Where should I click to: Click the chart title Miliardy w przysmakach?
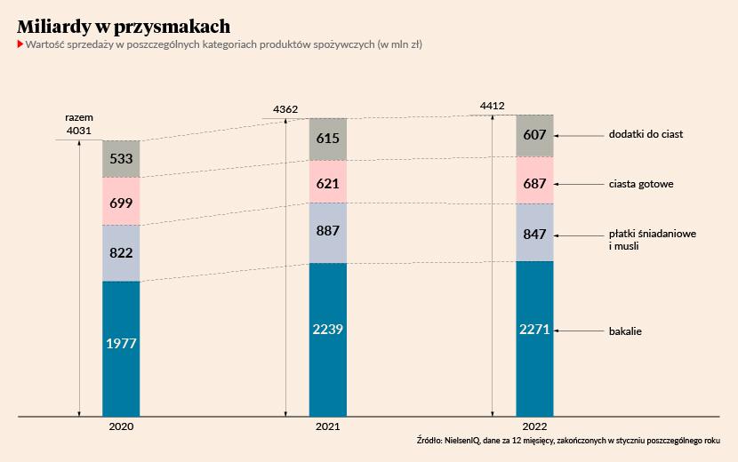coord(124,25)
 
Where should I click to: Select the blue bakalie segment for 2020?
coord(121,347)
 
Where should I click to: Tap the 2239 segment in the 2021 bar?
coord(328,339)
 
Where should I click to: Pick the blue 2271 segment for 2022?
coord(534,338)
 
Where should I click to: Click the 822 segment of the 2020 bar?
coord(121,253)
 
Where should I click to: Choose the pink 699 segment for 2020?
coord(121,202)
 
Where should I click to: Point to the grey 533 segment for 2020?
coord(121,159)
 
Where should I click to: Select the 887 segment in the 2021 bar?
coord(328,233)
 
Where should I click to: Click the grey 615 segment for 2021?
coord(328,139)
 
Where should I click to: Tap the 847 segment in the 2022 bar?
coord(534,233)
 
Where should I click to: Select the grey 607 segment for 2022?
coord(534,135)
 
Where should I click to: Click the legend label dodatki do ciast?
coord(645,135)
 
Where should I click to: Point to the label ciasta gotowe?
coord(640,184)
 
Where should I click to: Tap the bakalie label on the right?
coord(625,331)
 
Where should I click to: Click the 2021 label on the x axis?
coord(328,427)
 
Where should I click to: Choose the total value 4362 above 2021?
coord(285,109)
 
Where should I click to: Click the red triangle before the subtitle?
coord(20,44)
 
